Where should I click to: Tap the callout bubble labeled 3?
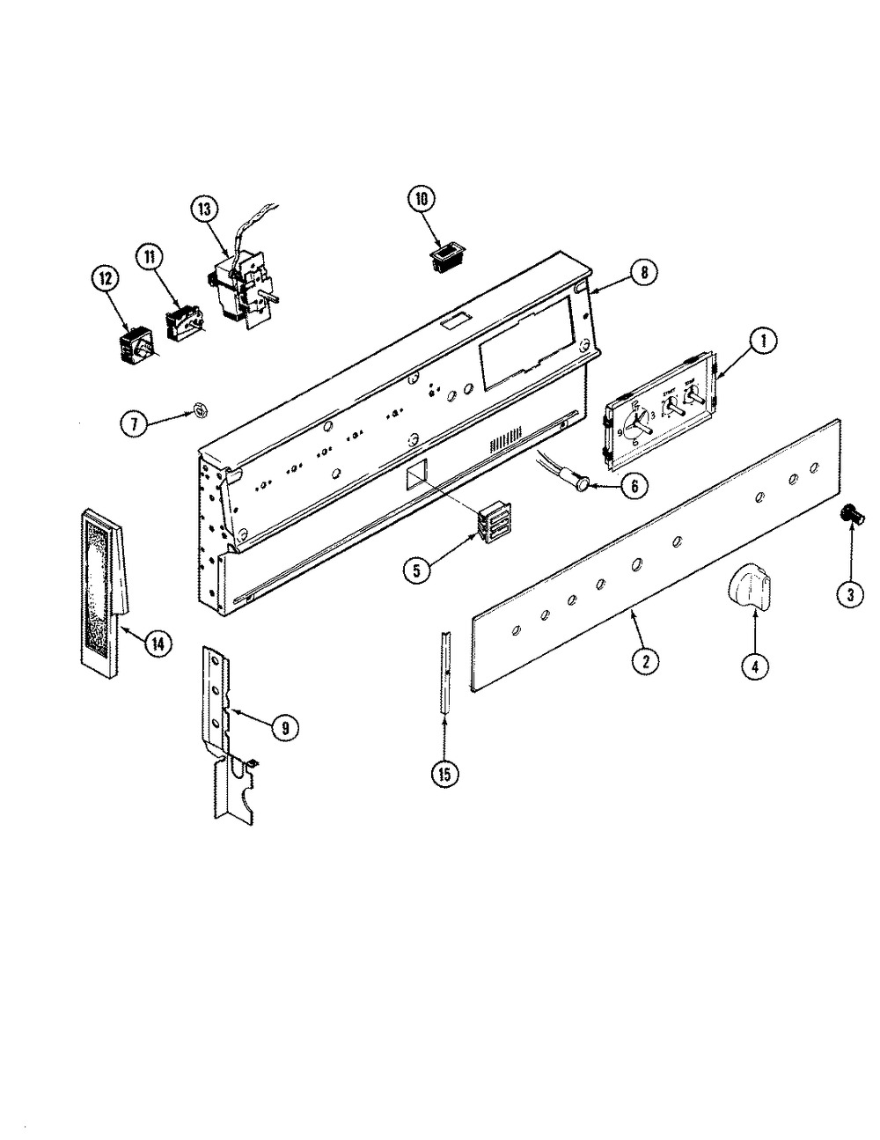[849, 596]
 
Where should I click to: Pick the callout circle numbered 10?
[420, 200]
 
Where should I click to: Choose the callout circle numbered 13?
[203, 210]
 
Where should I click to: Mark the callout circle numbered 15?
[444, 774]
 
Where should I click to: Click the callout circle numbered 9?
[284, 726]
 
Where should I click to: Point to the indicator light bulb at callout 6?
[582, 482]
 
